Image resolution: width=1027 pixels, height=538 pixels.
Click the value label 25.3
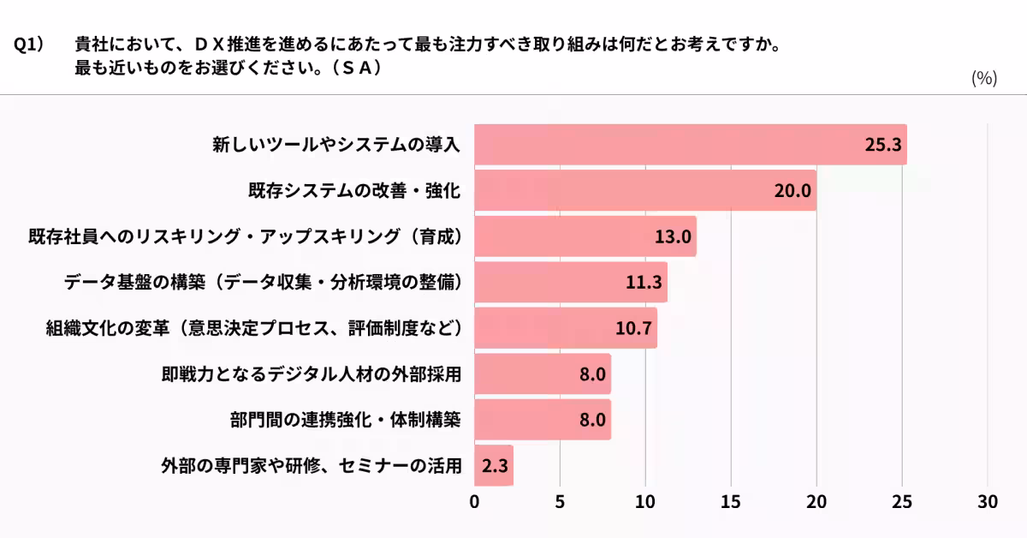click(x=883, y=145)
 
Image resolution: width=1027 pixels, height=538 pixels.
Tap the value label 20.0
click(x=793, y=191)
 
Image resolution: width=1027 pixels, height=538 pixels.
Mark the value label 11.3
click(x=644, y=283)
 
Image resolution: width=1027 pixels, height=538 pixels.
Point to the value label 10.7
click(x=634, y=329)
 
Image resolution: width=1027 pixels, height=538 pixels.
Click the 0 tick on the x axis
click(x=475, y=503)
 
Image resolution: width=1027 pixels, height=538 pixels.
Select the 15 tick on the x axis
click(x=731, y=503)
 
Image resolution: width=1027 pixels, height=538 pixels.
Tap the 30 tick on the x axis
click(x=988, y=503)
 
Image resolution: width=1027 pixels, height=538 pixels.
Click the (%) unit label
click(x=984, y=78)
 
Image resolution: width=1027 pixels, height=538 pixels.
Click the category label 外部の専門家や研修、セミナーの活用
click(x=312, y=466)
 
